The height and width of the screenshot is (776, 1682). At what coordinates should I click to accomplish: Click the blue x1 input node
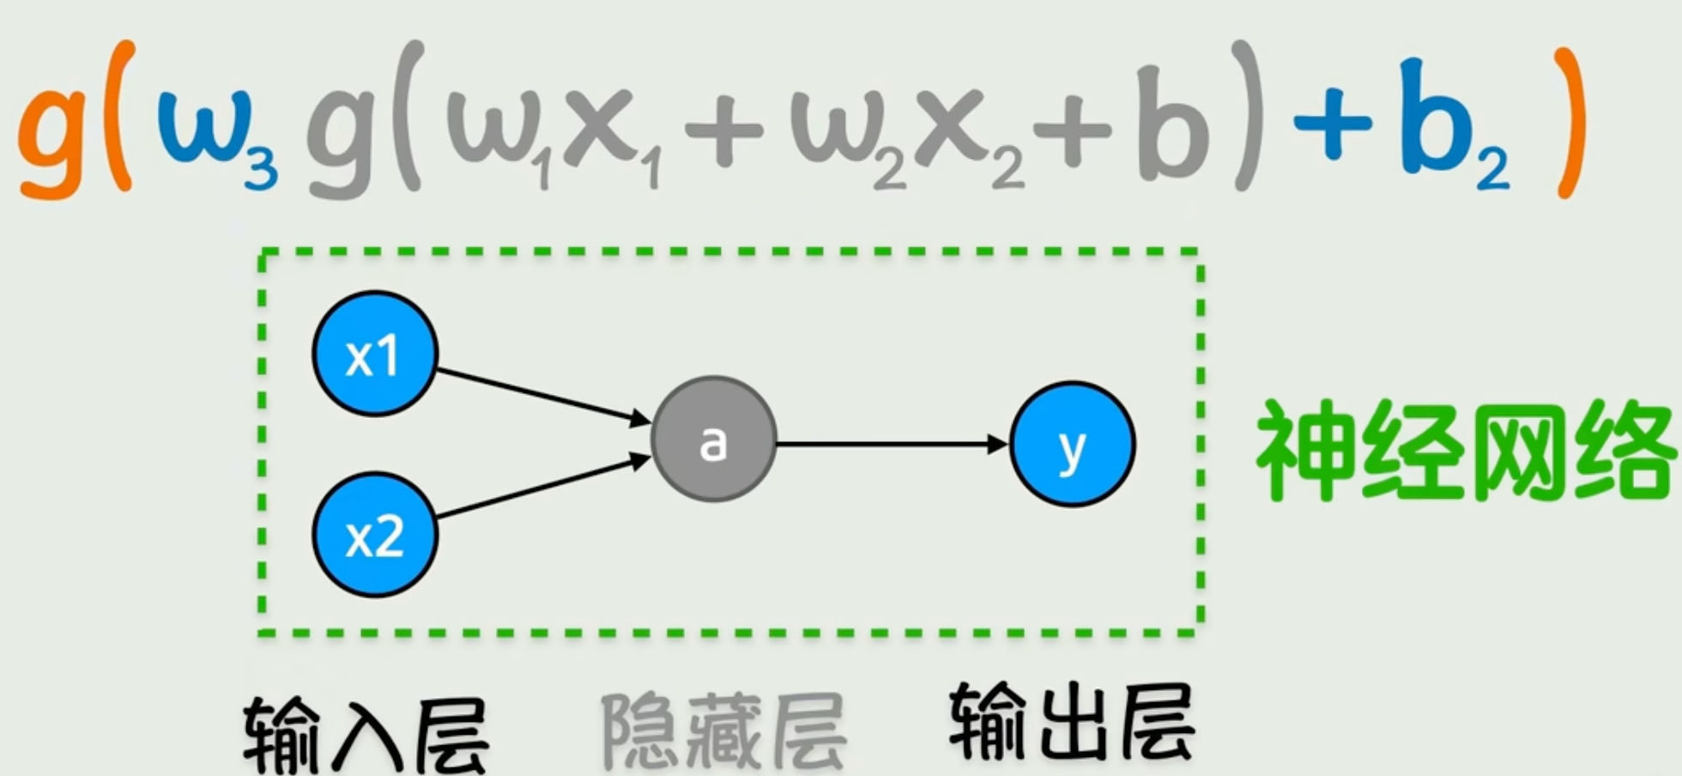[375, 354]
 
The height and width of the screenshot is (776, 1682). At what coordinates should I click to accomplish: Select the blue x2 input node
[375, 535]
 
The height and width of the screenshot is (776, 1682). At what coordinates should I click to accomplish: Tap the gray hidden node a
[713, 440]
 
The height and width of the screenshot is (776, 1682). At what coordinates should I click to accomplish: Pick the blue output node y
[1072, 444]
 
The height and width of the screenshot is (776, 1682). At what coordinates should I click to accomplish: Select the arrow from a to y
[892, 444]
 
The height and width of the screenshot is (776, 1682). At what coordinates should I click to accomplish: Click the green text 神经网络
[1463, 451]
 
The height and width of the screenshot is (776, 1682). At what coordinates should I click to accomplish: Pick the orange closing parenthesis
[1569, 120]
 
